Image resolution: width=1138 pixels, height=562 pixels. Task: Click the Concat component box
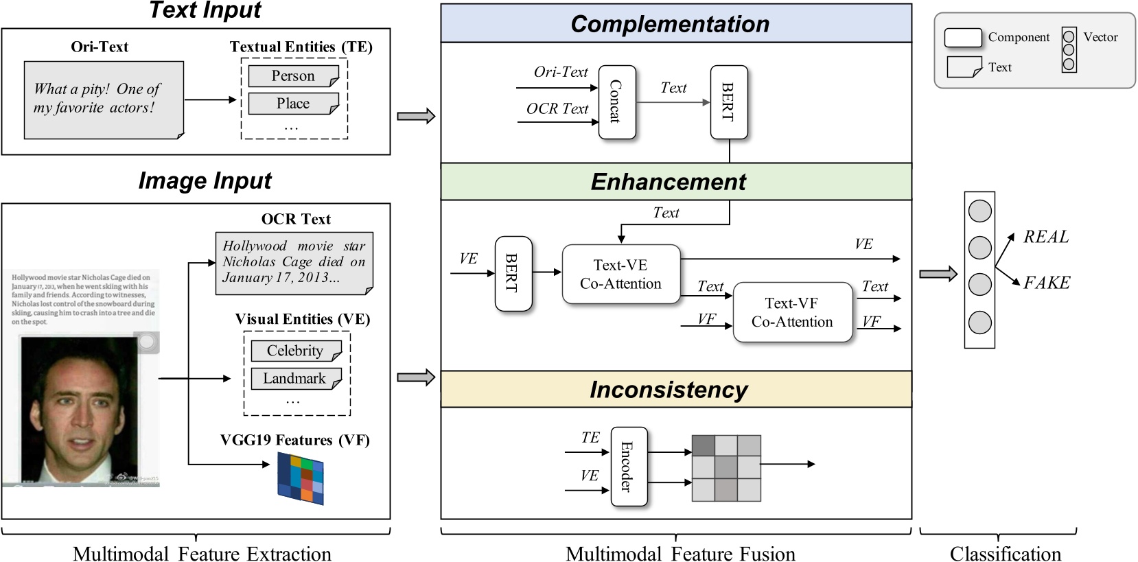(616, 102)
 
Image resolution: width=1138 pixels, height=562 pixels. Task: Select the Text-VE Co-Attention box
(620, 274)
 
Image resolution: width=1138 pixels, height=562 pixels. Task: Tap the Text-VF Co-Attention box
(792, 312)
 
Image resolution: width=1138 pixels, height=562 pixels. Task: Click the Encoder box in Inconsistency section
(628, 467)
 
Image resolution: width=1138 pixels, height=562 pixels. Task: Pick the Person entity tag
(293, 76)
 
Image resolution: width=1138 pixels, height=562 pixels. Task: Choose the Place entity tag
(293, 104)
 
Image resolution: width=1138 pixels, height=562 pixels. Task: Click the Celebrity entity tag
(295, 351)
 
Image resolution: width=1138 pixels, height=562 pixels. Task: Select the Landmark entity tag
(295, 379)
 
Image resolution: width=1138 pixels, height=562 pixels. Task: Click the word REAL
(1046, 237)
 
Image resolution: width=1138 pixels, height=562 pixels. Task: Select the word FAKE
(1047, 283)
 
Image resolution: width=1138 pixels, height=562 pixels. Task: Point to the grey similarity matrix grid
(726, 468)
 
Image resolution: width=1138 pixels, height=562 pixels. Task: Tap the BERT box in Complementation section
(728, 102)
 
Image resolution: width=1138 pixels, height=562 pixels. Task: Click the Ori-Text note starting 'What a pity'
(104, 99)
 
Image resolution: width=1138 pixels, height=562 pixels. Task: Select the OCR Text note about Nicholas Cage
(294, 263)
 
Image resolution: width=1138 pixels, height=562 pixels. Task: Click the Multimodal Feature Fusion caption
(680, 553)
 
